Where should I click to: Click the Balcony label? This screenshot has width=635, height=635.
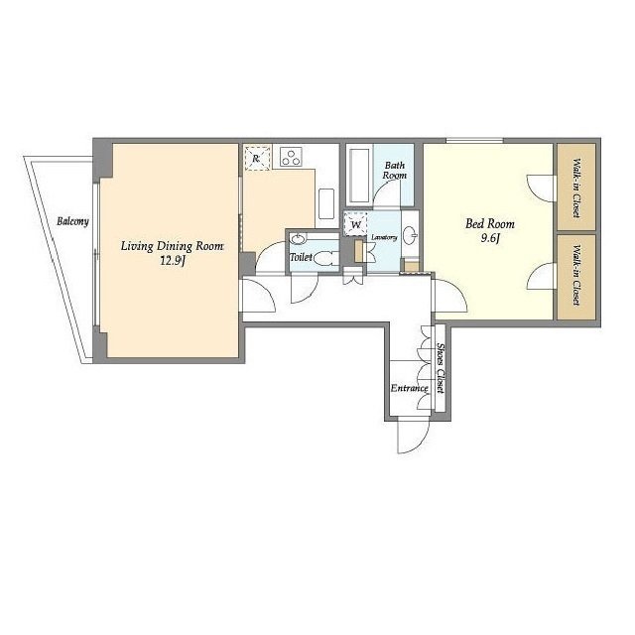(x=72, y=221)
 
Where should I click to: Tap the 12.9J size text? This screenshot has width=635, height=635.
(x=173, y=261)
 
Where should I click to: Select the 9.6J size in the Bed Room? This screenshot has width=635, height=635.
(x=490, y=238)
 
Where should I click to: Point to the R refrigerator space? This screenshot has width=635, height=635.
(x=257, y=159)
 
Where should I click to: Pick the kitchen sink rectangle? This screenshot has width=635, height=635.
(x=326, y=203)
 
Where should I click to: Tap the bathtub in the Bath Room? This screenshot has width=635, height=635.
(x=359, y=175)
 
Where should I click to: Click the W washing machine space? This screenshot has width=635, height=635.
(x=355, y=224)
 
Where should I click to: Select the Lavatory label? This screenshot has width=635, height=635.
(x=384, y=238)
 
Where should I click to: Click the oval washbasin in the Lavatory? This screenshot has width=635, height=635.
(x=411, y=236)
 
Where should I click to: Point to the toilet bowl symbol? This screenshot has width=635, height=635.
(x=325, y=258)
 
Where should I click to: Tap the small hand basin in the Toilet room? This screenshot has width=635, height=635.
(x=299, y=239)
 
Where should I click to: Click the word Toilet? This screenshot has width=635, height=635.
(x=301, y=257)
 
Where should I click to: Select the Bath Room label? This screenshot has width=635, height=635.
(x=395, y=170)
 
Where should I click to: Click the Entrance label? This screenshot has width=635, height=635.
(x=409, y=388)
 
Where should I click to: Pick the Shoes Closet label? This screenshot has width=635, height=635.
(x=441, y=368)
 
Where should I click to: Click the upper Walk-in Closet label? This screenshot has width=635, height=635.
(x=575, y=188)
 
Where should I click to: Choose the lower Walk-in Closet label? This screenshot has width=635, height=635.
(x=575, y=275)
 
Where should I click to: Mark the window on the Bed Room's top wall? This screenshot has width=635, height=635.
(x=474, y=141)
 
